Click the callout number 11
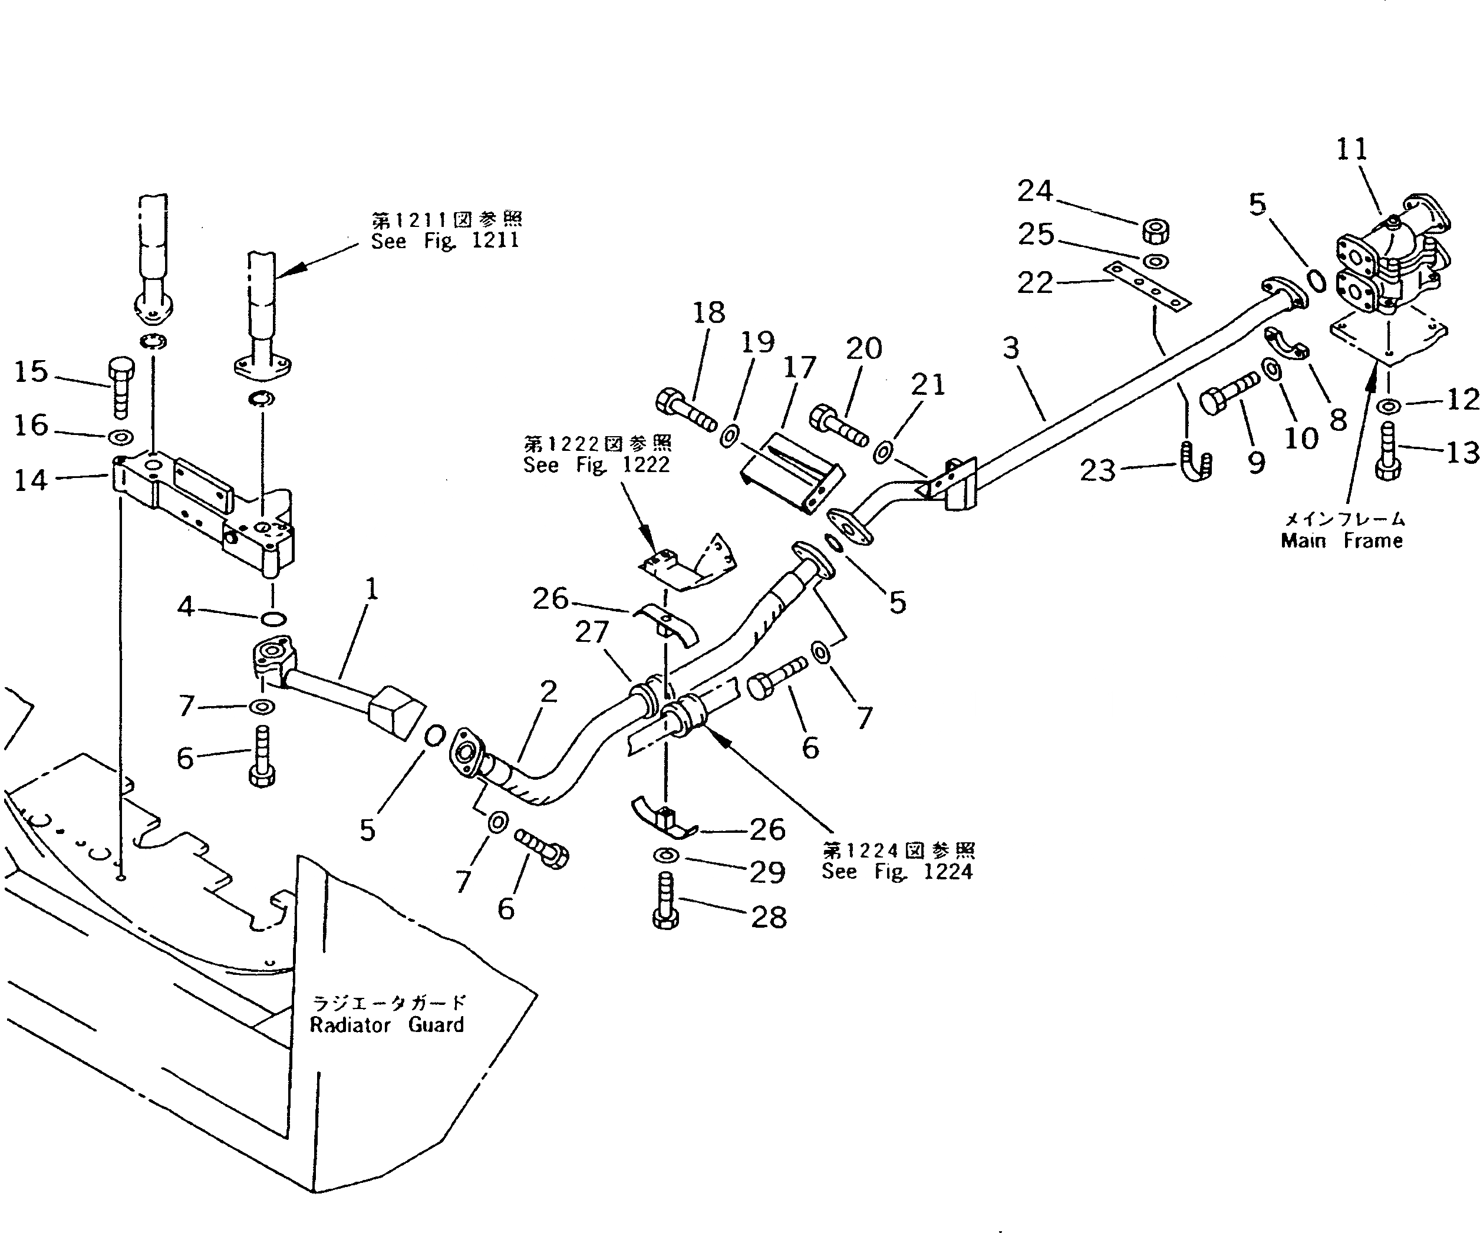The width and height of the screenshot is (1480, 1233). [x=1352, y=149]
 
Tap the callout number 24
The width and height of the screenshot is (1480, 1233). [x=1034, y=191]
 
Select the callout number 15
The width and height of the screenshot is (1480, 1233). [x=31, y=371]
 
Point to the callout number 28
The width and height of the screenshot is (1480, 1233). [x=768, y=917]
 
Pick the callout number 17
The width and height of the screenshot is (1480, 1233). [x=799, y=367]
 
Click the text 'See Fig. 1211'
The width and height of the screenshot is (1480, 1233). [x=446, y=241]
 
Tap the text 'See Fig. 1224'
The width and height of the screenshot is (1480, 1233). [x=897, y=872]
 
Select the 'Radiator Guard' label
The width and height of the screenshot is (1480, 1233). [x=387, y=1025]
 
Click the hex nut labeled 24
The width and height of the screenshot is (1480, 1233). [x=1155, y=230]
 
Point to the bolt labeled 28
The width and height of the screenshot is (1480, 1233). [x=666, y=902]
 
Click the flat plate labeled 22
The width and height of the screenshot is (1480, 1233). [x=1146, y=286]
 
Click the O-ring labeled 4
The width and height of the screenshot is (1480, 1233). [x=273, y=619]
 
